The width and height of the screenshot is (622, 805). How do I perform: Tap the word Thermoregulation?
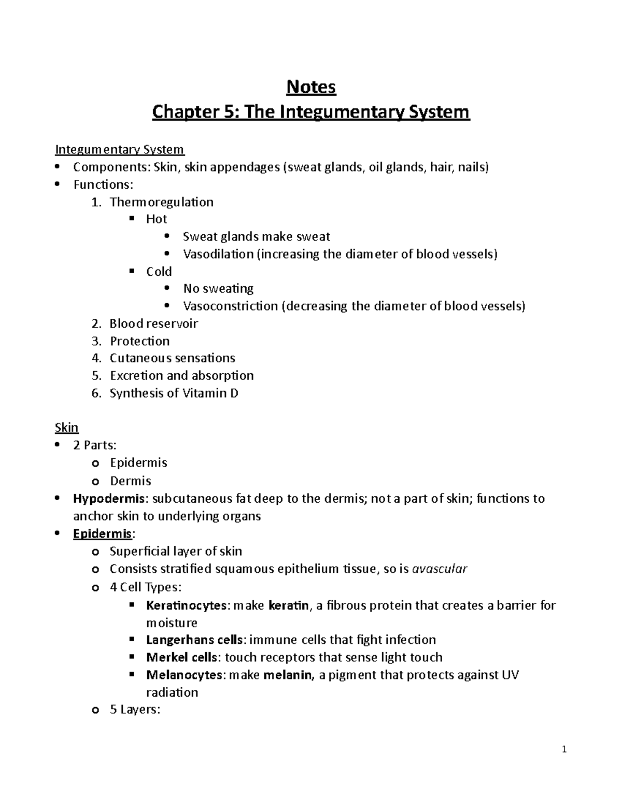point(161,202)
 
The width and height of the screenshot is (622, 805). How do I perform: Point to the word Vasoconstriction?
point(230,306)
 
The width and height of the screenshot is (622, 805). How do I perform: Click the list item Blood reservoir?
point(153,323)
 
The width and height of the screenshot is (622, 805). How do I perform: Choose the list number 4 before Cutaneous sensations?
point(96,358)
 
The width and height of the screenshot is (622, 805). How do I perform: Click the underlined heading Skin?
point(66,428)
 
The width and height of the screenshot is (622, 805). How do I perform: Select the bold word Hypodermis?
point(109,499)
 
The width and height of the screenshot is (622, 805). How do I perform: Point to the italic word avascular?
point(440,569)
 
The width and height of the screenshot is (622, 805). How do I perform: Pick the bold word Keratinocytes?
point(186,605)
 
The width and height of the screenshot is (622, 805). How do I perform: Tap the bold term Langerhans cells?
point(194,640)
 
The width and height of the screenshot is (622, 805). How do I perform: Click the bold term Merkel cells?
point(181,657)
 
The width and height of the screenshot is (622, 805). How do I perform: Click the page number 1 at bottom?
point(564,750)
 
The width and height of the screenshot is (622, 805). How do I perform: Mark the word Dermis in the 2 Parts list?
point(131,481)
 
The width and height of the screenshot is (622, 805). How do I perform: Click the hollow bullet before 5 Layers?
point(94,710)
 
